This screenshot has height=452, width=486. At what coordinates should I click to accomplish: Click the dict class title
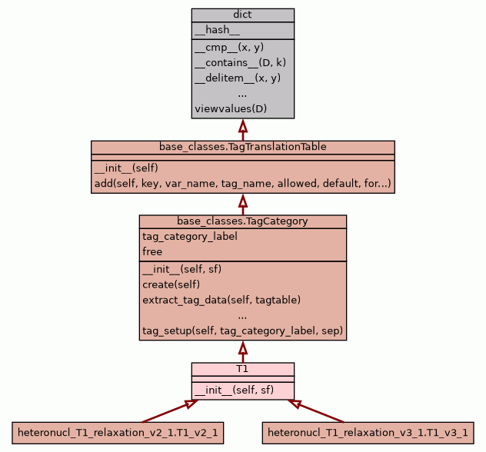coord(242,15)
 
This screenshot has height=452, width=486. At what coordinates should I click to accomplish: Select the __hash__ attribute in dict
coord(217,30)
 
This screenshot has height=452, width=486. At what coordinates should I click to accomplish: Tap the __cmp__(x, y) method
coord(229,48)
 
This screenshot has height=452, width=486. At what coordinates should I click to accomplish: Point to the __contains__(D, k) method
coord(240,62)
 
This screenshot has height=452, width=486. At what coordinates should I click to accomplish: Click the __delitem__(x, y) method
coord(237,78)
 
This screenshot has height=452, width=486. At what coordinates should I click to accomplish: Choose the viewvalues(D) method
coord(230,108)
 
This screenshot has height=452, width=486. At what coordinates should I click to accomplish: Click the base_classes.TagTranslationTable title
coord(242,146)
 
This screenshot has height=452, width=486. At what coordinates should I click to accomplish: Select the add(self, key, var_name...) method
coord(242,184)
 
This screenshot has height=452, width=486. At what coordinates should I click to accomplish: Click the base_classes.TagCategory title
coord(242,221)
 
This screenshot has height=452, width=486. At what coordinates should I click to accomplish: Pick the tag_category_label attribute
coord(189,236)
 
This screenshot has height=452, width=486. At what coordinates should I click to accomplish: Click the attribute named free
coord(152,251)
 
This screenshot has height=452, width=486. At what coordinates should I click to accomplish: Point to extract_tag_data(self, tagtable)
coord(221,300)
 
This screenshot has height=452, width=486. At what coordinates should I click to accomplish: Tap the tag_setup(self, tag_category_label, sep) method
coord(242,331)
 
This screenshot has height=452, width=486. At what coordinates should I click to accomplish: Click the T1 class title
coord(242,369)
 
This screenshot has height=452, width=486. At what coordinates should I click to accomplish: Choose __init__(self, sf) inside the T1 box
coord(234,391)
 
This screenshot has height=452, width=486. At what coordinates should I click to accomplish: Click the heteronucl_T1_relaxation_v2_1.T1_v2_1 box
coord(118,434)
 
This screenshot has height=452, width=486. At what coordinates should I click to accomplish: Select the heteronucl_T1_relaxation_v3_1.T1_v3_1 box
coord(368,434)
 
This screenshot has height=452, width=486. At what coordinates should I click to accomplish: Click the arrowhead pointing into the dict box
coord(243,125)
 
